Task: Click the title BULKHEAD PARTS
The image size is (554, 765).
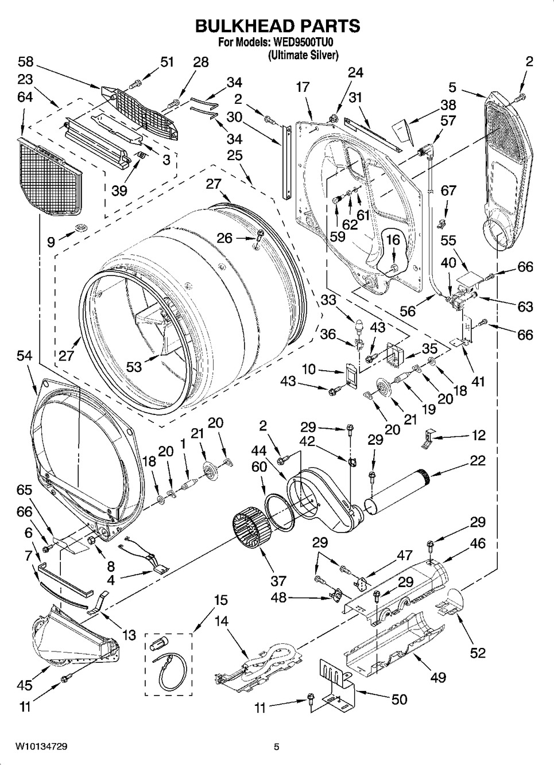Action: click(277, 25)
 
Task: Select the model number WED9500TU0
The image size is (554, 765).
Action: click(307, 43)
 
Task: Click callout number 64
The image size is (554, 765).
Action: click(25, 98)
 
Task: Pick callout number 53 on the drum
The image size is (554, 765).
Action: click(134, 366)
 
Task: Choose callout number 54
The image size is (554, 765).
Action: click(25, 356)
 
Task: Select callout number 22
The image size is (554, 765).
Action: click(478, 460)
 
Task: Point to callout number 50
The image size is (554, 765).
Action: click(399, 698)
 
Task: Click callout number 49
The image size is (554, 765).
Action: click(439, 678)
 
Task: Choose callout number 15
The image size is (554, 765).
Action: click(220, 600)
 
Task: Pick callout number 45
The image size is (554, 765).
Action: click(25, 685)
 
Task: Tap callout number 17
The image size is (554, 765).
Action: click(303, 87)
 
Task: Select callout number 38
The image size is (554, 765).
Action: click(448, 104)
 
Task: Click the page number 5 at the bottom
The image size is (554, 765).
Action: click(276, 747)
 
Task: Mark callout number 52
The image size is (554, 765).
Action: click(478, 653)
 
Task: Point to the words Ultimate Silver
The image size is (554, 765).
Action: click(303, 55)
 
